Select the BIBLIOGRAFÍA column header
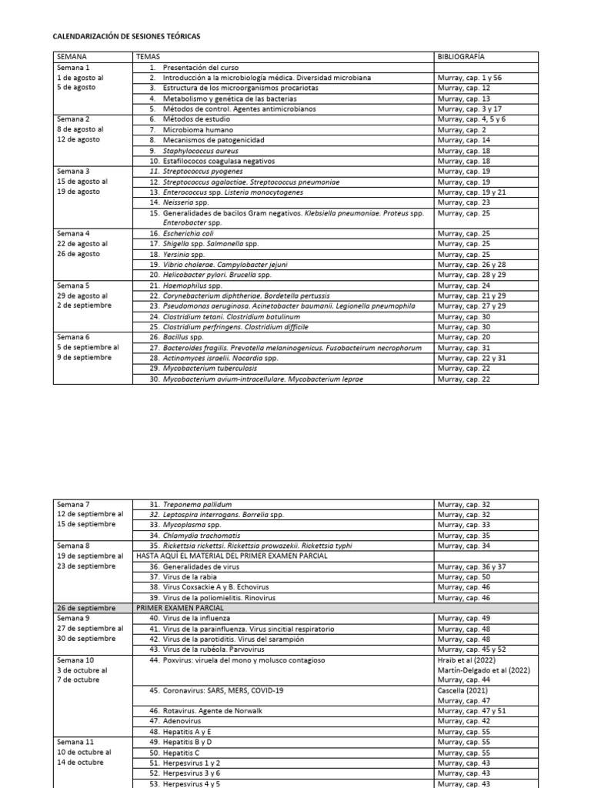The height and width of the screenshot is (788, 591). click(461, 57)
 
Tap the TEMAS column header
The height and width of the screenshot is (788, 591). click(148, 57)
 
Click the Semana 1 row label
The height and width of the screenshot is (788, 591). click(73, 68)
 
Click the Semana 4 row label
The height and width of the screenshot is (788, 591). click(73, 232)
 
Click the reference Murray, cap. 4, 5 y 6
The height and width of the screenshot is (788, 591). click(471, 119)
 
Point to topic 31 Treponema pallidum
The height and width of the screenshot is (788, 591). click(193, 504)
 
